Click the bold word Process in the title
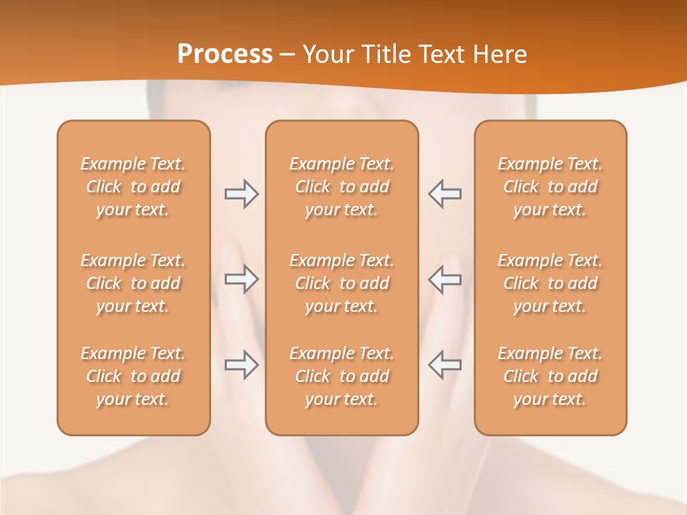click(x=225, y=54)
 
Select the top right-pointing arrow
click(x=241, y=194)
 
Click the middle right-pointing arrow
click(x=241, y=279)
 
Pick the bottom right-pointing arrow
click(x=241, y=365)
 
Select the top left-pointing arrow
click(x=445, y=194)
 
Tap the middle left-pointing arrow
click(x=445, y=279)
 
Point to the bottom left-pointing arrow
click(x=445, y=365)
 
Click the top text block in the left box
click(x=133, y=187)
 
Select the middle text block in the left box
click(x=133, y=283)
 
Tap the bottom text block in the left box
click(x=133, y=376)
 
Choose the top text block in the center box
click(x=342, y=187)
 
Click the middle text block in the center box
click(x=342, y=283)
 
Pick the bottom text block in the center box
click(x=342, y=376)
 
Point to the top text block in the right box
click(x=550, y=187)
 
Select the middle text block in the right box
click(x=550, y=283)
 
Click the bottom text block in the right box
click(x=550, y=376)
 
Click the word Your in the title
click(x=326, y=54)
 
